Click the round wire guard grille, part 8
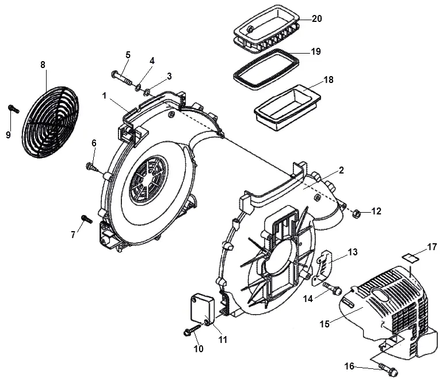(x=50, y=122)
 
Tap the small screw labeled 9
(x=14, y=109)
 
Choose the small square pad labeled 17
(x=409, y=258)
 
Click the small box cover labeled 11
(x=201, y=310)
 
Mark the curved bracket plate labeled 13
(x=322, y=267)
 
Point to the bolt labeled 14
(x=333, y=288)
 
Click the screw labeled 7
(x=87, y=219)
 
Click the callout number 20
(x=316, y=18)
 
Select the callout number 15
(x=324, y=323)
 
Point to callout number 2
(x=341, y=171)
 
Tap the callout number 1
(x=104, y=96)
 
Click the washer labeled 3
(x=147, y=92)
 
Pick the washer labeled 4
(x=139, y=87)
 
